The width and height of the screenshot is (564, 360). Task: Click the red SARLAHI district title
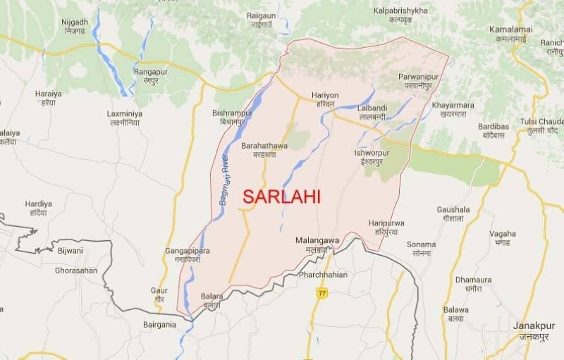pos(281,197)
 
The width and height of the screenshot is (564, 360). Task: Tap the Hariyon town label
pos(325,95)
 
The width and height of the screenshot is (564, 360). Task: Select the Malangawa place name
pos(317,241)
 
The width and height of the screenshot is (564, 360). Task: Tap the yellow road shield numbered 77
pos(322,292)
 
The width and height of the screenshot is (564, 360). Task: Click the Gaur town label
pos(159,290)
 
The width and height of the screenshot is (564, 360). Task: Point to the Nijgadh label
pos(75,22)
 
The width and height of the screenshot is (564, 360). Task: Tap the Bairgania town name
pos(159,325)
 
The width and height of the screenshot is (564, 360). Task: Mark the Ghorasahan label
pos(76,270)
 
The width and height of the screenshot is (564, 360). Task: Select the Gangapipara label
pos(188,251)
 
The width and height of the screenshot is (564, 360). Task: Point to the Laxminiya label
pos(124,113)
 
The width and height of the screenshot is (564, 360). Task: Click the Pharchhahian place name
pos(324,275)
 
